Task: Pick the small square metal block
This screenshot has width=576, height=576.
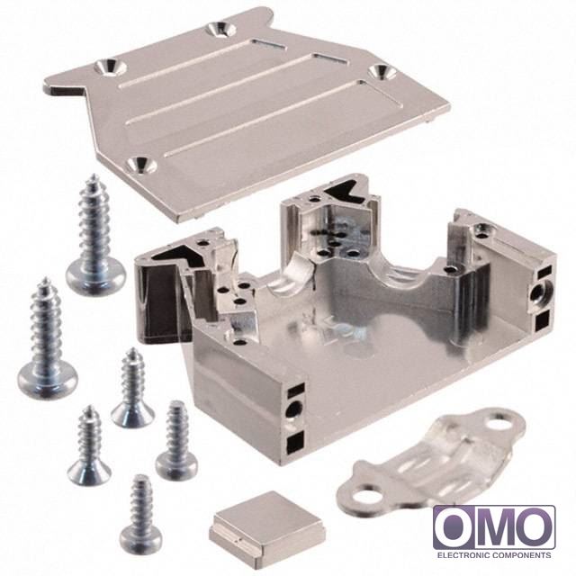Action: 267,521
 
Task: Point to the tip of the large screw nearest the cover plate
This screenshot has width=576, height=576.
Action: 94,175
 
